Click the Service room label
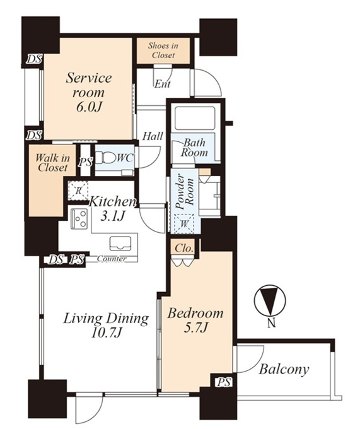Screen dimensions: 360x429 [x=89, y=93]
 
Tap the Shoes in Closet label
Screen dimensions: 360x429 [x=163, y=50]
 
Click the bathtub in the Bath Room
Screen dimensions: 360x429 [x=195, y=118]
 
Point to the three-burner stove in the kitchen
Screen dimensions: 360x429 [x=79, y=219]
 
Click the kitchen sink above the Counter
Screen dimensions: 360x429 [x=120, y=244]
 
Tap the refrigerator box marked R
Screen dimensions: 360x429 [x=78, y=191]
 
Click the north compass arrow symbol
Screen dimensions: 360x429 [x=270, y=300]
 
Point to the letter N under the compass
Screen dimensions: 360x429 [x=271, y=324]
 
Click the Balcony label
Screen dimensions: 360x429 [x=284, y=369]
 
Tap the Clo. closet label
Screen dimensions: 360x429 [x=184, y=248]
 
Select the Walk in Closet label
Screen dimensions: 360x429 [x=52, y=163]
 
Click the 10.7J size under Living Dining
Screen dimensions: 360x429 [x=106, y=333]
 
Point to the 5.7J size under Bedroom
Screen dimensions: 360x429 [x=196, y=327]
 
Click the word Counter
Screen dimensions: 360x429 [x=112, y=259]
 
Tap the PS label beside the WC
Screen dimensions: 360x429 [x=85, y=162]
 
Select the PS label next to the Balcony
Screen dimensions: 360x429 [x=224, y=382]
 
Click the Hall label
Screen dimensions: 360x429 [x=153, y=136]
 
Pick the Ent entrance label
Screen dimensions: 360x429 [x=163, y=84]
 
